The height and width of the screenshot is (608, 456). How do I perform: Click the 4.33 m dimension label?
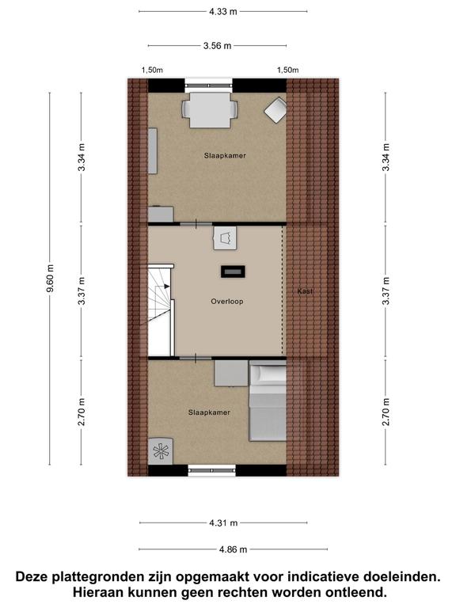click(223, 11)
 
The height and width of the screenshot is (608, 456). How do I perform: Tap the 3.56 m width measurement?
click(217, 46)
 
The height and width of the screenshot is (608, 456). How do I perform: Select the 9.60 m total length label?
click(50, 279)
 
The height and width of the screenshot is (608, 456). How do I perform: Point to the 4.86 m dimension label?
click(233, 549)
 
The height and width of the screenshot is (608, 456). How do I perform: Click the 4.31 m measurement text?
click(223, 522)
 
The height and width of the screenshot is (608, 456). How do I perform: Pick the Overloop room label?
click(227, 302)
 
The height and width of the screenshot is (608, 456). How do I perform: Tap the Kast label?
click(305, 291)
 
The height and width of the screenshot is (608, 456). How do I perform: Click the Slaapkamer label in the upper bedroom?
click(225, 155)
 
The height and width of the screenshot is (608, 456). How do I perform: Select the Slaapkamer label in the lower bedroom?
click(209, 412)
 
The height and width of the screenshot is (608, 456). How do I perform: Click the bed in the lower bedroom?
click(268, 401)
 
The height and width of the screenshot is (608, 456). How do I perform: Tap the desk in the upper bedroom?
click(210, 110)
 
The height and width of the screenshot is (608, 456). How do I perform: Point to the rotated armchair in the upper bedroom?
click(275, 110)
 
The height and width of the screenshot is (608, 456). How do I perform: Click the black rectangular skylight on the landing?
click(233, 272)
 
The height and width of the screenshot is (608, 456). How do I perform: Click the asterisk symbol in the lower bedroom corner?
click(159, 451)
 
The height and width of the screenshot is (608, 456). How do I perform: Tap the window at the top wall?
click(209, 85)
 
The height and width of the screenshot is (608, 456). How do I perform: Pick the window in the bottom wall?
click(211, 471)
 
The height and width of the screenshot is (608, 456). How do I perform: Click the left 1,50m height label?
click(152, 70)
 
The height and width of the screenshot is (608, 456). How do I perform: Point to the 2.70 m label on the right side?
click(386, 412)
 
